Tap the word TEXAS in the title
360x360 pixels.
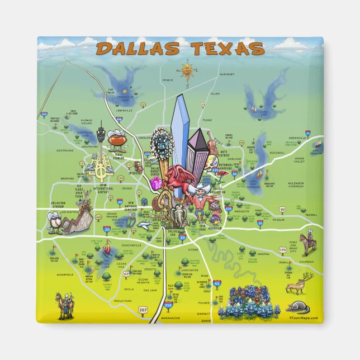(227, 49)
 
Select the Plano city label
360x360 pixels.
(207, 120)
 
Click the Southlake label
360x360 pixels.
(65, 150)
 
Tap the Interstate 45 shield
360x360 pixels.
(217, 285)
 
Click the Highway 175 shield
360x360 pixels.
(282, 250)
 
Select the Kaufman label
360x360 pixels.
(306, 262)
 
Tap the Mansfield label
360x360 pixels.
(65, 275)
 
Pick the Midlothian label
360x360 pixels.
(122, 301)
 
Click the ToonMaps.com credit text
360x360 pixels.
(304, 318)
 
